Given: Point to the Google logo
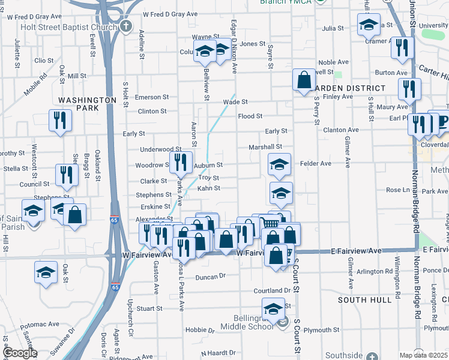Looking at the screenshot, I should [x=20, y=353].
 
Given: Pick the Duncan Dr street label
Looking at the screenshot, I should [x=209, y=277].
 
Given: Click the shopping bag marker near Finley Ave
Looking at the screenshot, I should [x=304, y=80].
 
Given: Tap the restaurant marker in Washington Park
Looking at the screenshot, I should [x=60, y=121].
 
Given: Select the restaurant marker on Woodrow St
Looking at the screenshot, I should [x=180, y=161].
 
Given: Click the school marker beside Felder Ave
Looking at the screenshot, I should [x=279, y=164].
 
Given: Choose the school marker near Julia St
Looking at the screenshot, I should [x=369, y=25].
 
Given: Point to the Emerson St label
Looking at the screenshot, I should [x=151, y=97].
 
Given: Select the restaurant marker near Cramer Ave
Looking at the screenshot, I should [x=402, y=48].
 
